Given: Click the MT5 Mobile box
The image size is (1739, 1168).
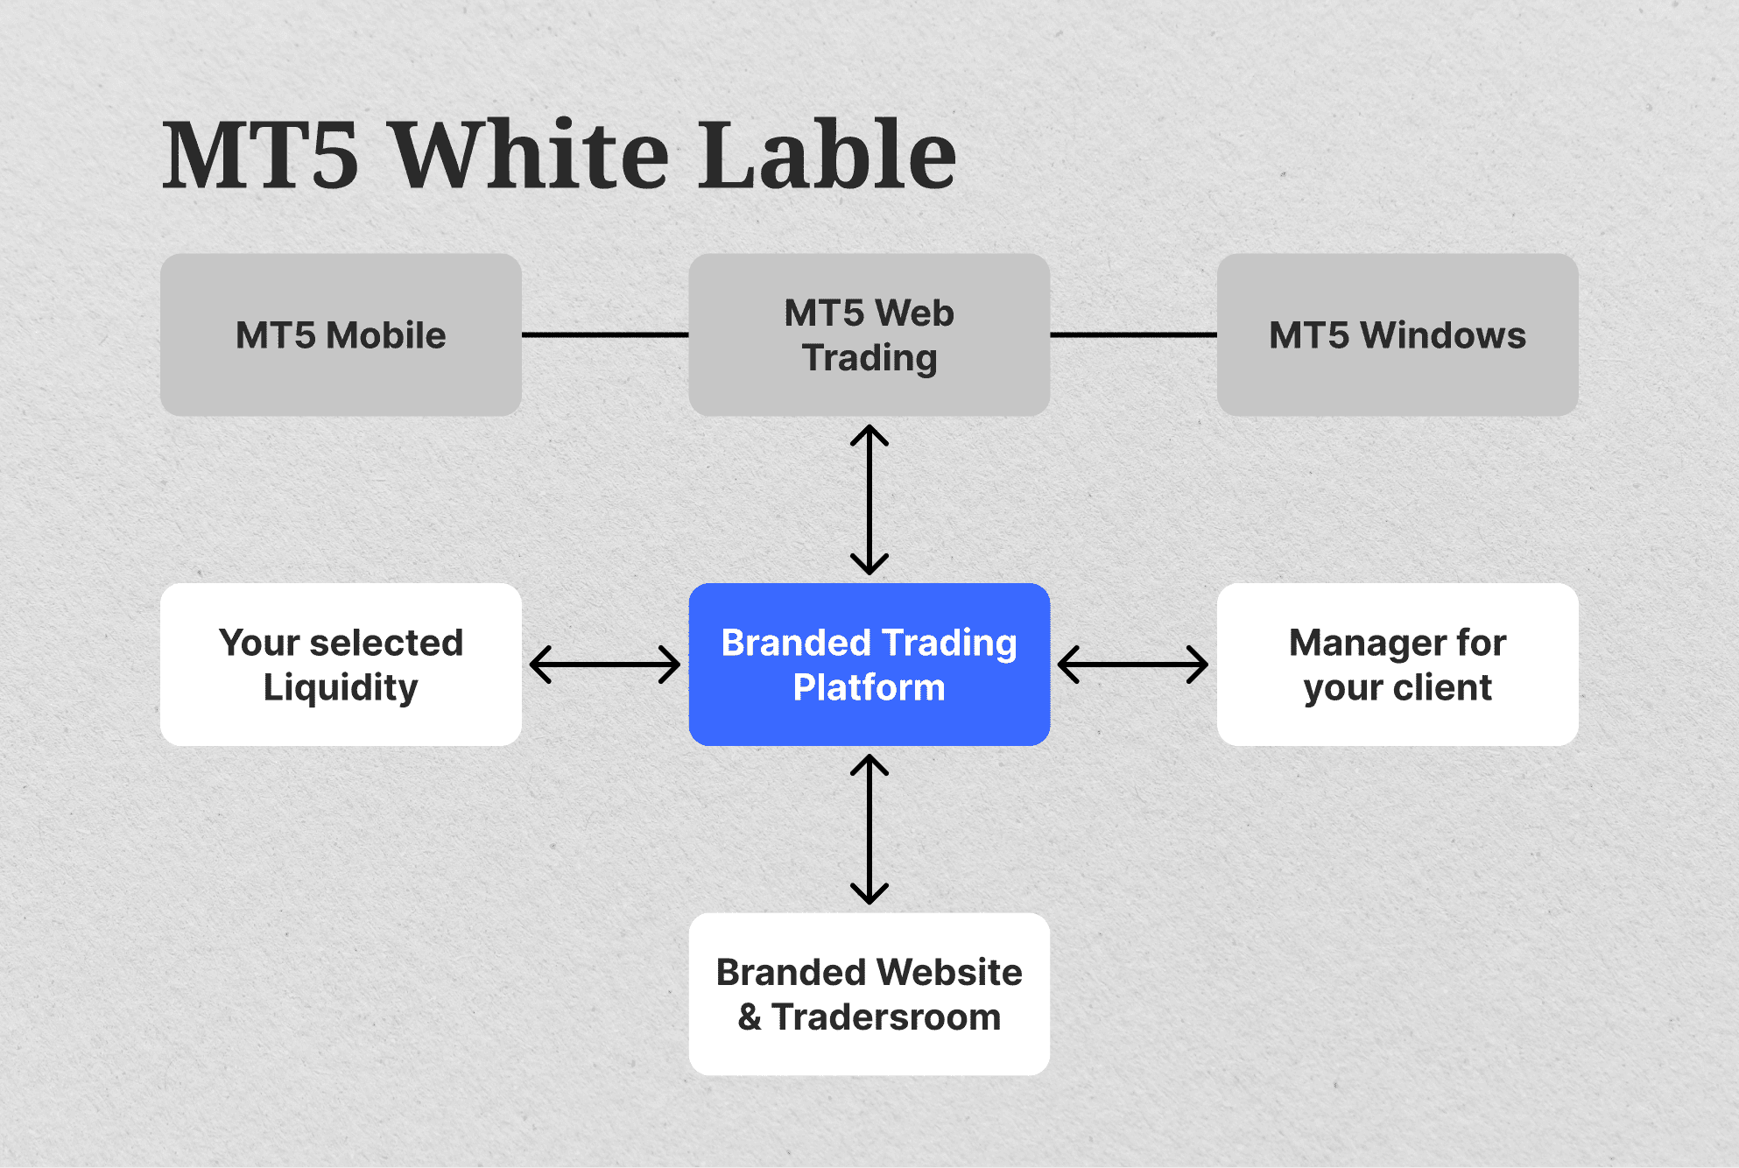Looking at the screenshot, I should (341, 334).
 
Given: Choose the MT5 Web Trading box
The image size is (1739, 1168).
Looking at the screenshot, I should (869, 334).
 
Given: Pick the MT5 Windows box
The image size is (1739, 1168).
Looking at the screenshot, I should (1397, 334).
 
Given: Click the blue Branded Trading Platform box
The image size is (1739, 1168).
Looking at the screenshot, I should (869, 665).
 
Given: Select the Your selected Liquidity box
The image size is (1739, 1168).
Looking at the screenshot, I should (341, 665).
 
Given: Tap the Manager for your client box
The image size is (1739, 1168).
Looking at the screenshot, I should (1397, 665).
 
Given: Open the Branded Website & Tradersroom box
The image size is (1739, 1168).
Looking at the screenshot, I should (869, 994).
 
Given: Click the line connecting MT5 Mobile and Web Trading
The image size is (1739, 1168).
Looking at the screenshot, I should (605, 334).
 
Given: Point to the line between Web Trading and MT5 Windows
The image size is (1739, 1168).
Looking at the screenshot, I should (1133, 334).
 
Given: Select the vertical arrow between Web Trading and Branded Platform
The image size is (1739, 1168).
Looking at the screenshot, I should (869, 499).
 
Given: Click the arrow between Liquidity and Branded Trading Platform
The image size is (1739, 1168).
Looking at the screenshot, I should (605, 665).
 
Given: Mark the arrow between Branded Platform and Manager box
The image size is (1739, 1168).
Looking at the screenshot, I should (1133, 665).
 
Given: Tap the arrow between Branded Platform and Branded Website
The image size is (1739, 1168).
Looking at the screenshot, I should (869, 829).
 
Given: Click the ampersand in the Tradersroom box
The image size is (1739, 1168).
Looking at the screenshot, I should (750, 1017).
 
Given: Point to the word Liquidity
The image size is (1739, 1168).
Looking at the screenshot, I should (341, 688).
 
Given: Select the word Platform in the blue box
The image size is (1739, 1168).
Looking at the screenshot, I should (869, 688).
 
